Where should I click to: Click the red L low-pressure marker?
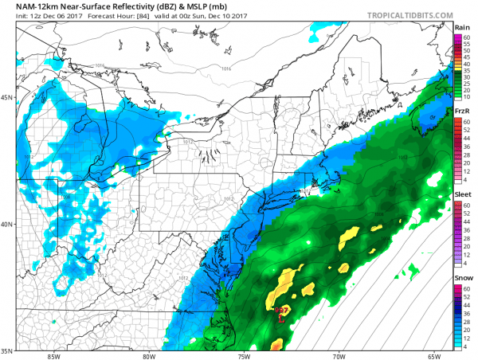[x=281, y=319]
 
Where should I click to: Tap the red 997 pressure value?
[x=281, y=311]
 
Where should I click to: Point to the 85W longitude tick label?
[x=53, y=355]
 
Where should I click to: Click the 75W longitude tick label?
[x=244, y=355]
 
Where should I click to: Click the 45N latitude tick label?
[x=6, y=97]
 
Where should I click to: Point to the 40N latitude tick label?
[x=6, y=224]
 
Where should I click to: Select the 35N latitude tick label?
[x=6, y=350]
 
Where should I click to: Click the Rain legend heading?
[x=461, y=27]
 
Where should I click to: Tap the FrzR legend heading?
[x=461, y=112]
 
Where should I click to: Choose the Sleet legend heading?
[x=461, y=196]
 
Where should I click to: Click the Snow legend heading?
[x=461, y=280]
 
